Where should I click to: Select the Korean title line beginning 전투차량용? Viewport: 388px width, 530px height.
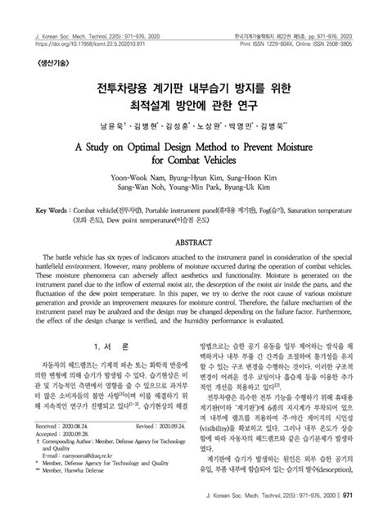194,84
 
